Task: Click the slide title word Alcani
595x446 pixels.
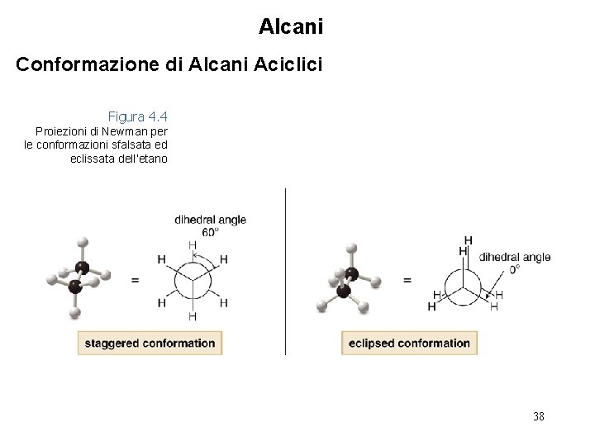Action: (291, 26)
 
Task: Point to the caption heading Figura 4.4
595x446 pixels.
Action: (137, 117)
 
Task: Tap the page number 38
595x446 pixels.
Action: (539, 416)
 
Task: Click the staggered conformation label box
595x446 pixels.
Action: (148, 343)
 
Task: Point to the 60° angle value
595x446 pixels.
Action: (210, 232)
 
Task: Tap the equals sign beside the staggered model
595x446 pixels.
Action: (135, 281)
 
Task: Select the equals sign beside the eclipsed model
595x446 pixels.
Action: (407, 280)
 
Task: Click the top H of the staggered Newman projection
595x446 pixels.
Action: (193, 245)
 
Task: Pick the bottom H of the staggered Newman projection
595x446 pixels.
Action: (193, 316)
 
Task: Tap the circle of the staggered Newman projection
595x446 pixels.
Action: (193, 281)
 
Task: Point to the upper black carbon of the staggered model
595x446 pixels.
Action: (82, 267)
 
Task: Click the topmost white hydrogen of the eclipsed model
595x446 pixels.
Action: (351, 247)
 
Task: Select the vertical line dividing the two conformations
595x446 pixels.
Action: (285, 273)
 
